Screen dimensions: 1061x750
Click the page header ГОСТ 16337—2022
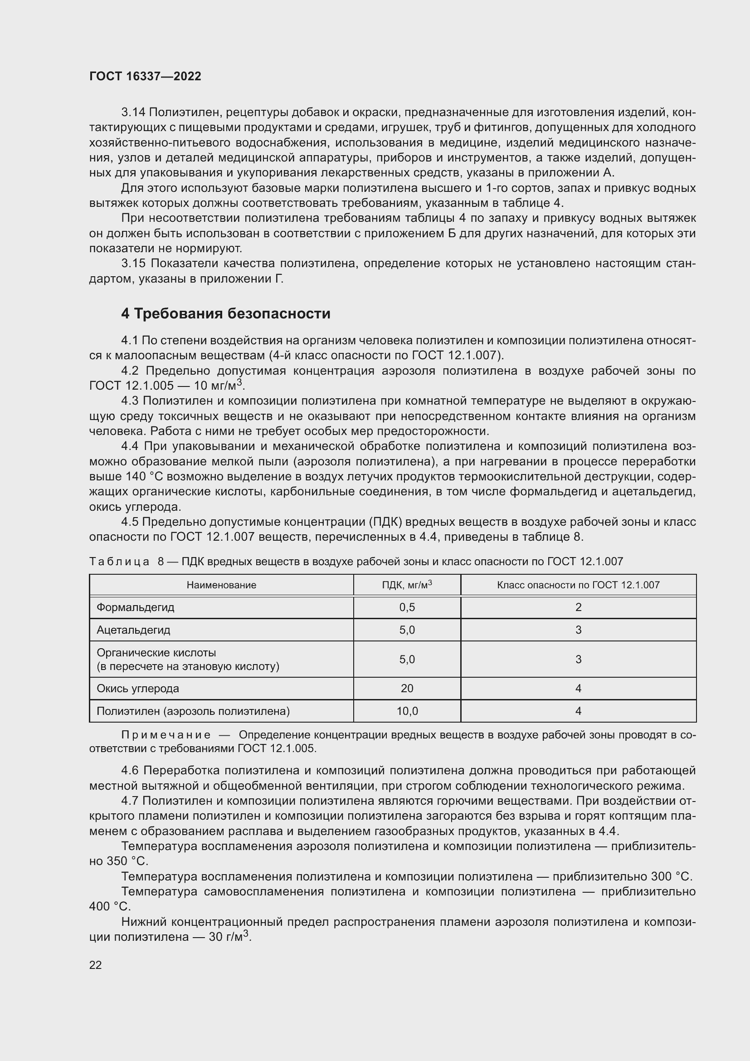point(145,76)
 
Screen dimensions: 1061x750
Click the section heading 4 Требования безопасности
point(225,314)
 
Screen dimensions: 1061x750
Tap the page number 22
point(95,965)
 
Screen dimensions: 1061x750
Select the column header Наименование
point(221,585)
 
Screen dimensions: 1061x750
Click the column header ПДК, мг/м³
point(407,585)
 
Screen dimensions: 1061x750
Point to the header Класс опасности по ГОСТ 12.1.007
point(578,585)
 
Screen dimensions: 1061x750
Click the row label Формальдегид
point(135,607)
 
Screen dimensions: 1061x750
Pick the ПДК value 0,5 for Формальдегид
point(407,607)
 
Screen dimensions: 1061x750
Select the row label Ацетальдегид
point(133,630)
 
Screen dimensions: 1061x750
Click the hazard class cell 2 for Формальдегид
point(578,607)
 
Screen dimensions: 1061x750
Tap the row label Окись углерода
point(138,689)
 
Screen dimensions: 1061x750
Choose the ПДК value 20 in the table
point(407,689)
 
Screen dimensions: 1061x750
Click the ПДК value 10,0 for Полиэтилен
point(407,711)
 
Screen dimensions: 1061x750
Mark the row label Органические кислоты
point(156,653)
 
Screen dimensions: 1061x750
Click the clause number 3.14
point(133,112)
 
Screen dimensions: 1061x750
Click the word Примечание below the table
point(166,735)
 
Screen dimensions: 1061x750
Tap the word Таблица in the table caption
point(119,562)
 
